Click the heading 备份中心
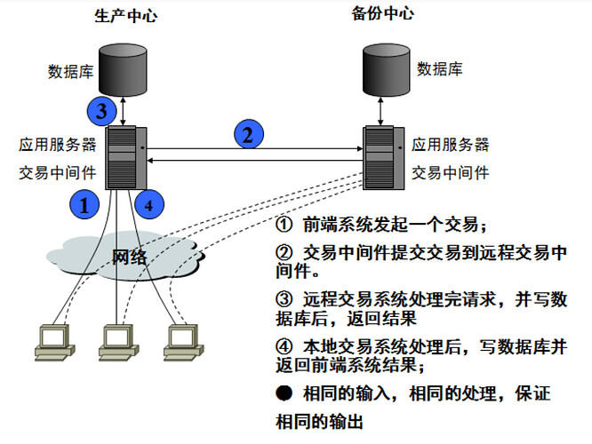[382, 14]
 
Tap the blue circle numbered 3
[101, 112]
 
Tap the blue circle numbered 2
[249, 135]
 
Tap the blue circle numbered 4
[149, 204]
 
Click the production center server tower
[122, 157]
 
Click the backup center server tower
[383, 157]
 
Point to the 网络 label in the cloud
[130, 258]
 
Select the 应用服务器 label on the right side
[450, 145]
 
